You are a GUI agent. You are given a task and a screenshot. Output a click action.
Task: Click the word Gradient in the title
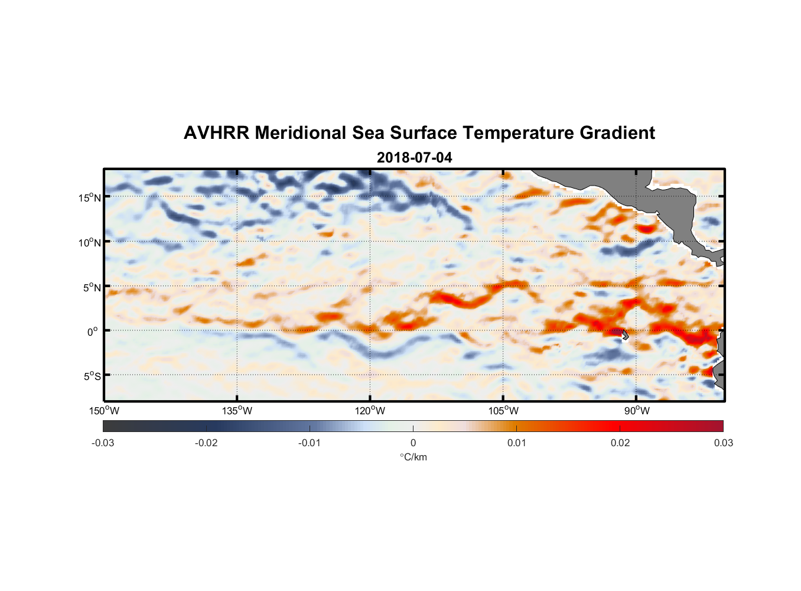tap(617, 133)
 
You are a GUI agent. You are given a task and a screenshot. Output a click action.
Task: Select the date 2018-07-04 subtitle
tap(414, 158)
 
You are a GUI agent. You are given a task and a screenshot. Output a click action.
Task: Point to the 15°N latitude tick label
tap(90, 197)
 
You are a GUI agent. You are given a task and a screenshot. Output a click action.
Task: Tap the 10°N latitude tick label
tap(90, 242)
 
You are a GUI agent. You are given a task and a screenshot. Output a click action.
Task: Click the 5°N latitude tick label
tap(91, 287)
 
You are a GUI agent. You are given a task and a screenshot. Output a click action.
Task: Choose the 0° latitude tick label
tap(93, 332)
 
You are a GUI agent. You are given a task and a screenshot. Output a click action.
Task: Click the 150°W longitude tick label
tap(105, 411)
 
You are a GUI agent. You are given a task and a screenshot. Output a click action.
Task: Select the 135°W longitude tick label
tap(237, 411)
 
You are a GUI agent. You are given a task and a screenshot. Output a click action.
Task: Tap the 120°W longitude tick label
tap(370, 411)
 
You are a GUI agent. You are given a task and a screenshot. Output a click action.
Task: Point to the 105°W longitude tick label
tap(503, 411)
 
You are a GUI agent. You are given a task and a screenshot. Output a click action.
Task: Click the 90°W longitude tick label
tap(637, 411)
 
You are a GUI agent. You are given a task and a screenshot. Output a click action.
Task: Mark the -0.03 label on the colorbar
tap(103, 443)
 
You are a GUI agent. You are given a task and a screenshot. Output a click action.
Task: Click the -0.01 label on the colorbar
tap(310, 443)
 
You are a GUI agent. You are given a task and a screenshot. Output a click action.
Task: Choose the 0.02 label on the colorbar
tap(620, 443)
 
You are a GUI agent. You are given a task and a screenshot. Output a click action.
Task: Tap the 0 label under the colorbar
tap(413, 443)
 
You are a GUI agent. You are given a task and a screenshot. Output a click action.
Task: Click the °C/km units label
tap(413, 457)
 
